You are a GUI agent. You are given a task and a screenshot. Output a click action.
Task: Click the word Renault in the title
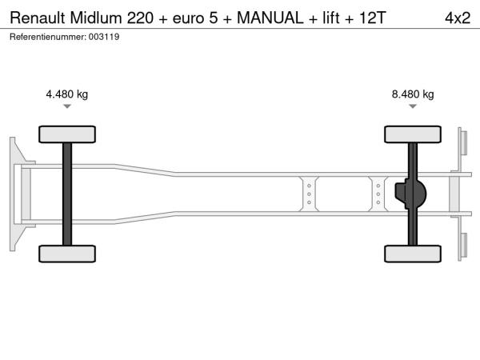coord(38,18)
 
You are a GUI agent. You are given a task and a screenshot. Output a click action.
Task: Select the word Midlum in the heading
coord(96,18)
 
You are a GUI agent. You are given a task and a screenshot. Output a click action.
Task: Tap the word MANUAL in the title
coord(270,18)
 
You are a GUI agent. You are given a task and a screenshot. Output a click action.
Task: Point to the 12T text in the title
coord(372,18)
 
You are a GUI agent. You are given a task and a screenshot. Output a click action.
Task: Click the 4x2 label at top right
coord(458,18)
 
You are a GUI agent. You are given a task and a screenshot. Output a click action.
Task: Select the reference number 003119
coord(104,37)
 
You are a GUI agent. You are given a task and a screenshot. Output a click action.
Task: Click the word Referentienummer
coord(48,37)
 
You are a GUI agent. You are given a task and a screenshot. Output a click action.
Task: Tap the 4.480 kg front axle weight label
coord(66,94)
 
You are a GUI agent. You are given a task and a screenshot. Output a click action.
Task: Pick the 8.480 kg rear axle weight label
coord(413,94)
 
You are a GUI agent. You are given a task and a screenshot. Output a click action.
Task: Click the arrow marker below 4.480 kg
coord(67,106)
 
